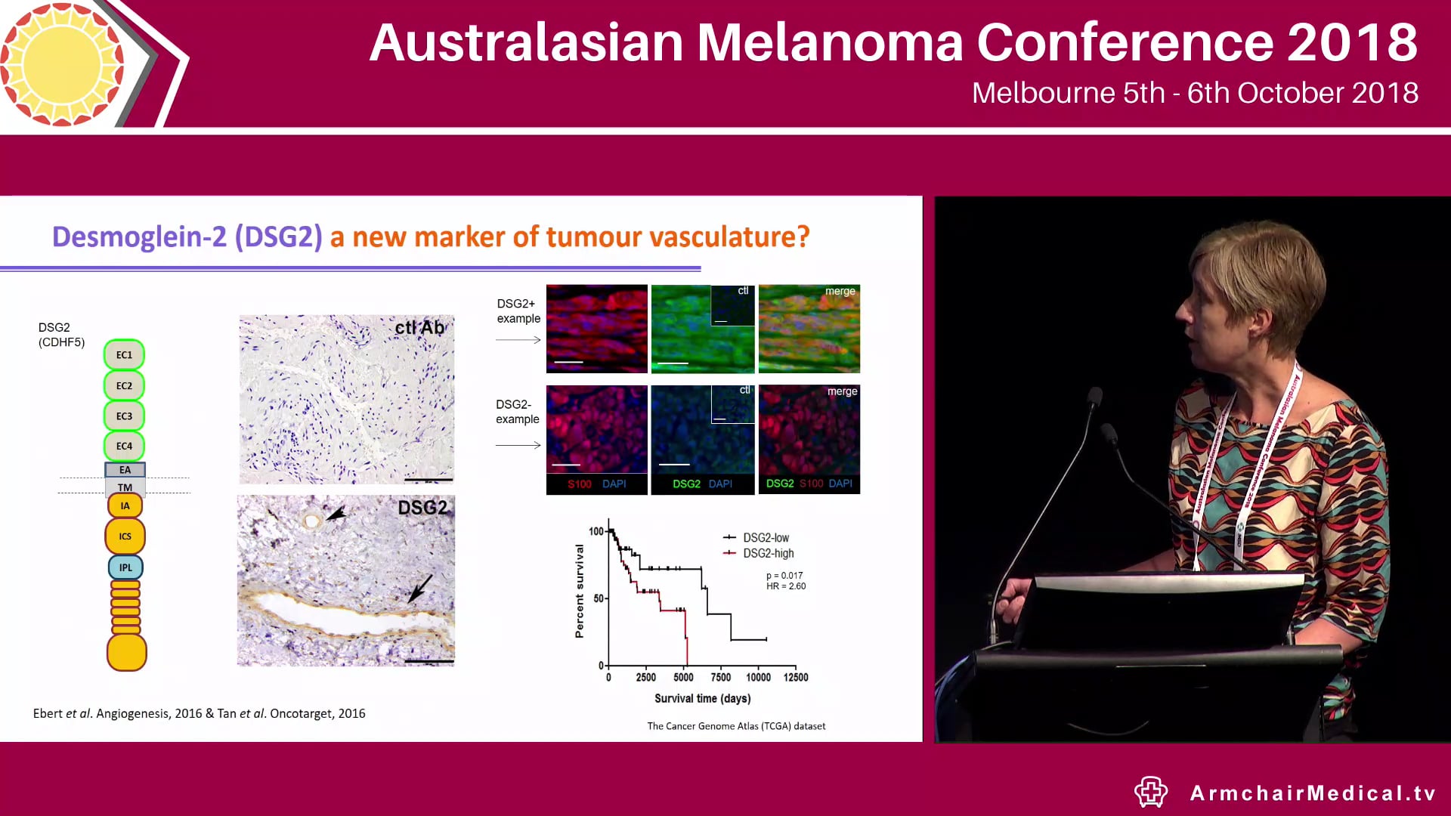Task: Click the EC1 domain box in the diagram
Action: [x=124, y=355]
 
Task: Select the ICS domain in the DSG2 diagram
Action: [x=125, y=536]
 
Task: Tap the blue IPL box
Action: [x=125, y=567]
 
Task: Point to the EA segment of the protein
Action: [x=125, y=470]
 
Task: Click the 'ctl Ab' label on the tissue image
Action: [x=419, y=328]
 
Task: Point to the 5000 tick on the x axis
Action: [x=683, y=678]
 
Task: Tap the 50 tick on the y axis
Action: [x=599, y=598]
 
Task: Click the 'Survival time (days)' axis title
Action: [x=702, y=699]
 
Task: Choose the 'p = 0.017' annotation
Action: [x=784, y=576]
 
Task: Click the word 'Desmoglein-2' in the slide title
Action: [x=139, y=237]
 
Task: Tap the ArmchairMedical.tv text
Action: [x=1313, y=793]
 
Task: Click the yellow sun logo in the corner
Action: [x=62, y=63]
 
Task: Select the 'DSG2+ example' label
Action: [x=518, y=311]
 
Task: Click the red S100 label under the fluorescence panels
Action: [x=580, y=484]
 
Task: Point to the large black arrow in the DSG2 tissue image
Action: [x=420, y=589]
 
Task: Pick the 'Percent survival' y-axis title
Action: [x=580, y=592]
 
